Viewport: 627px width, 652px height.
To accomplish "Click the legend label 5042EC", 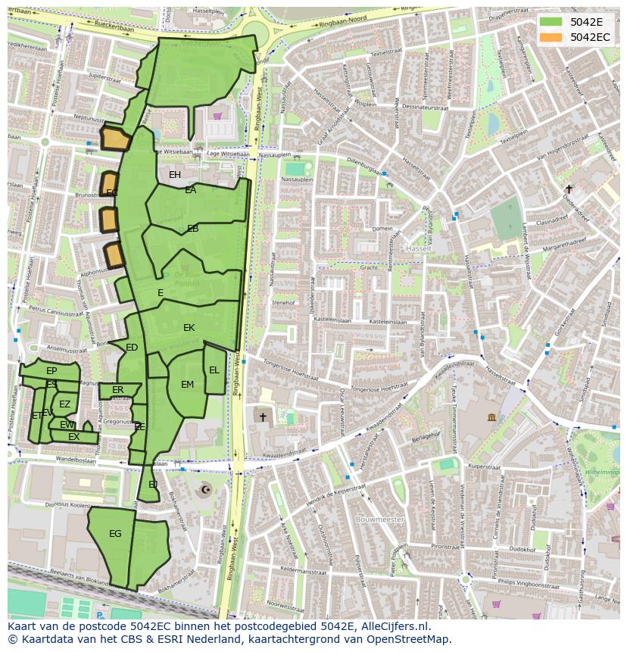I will point(589,36).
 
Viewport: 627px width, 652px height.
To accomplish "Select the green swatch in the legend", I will point(551,21).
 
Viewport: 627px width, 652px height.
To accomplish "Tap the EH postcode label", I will point(175,175).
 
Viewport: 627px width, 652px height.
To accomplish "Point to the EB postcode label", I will point(193,228).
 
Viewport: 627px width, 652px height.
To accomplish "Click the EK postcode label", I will point(189,328).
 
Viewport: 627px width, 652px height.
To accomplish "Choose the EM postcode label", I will point(187,385).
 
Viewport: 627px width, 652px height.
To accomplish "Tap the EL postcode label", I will point(214,370).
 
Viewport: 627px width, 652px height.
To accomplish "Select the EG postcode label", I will point(115,534).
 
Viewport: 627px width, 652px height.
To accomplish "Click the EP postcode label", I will point(51,371).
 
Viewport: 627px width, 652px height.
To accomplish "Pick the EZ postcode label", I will point(64,404).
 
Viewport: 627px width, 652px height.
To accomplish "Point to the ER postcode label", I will point(117,390).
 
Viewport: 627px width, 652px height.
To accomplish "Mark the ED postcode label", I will point(132,348).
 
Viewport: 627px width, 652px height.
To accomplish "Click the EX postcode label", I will point(73,437).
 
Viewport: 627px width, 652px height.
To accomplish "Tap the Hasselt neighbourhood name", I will point(417,248).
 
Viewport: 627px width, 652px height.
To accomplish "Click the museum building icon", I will point(491,417).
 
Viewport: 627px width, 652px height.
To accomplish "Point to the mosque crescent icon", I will point(204,490).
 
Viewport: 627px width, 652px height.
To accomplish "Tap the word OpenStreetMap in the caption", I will point(407,639).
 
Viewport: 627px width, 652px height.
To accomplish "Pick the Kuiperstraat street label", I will point(485,466).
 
